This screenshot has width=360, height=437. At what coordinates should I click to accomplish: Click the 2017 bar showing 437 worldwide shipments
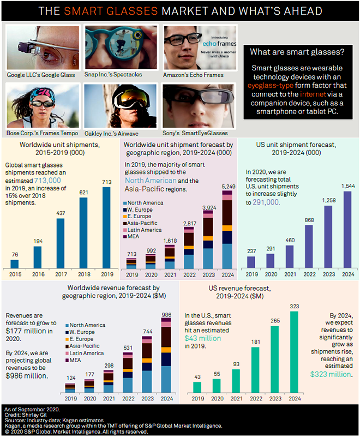coord(61,243)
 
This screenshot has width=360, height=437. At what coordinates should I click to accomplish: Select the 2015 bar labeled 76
coord(15,264)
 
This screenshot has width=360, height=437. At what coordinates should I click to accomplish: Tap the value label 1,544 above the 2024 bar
coord(348,186)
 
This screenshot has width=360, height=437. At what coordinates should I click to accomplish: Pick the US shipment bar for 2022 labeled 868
coord(309,247)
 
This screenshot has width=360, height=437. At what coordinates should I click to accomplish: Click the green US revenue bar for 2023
coord(275,359)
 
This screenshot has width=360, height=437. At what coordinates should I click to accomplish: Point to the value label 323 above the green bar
coord(294,306)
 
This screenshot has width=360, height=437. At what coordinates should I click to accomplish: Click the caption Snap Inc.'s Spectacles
coord(113,74)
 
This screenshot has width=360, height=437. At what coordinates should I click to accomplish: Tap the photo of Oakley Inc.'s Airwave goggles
coord(121,106)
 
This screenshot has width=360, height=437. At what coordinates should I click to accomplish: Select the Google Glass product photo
coord(43,47)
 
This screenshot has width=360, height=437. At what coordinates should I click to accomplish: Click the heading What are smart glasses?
coord(297,52)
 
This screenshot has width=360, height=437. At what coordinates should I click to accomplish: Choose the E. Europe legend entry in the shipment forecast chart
coord(137,216)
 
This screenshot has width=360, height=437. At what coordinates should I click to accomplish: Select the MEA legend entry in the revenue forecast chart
coord(73,360)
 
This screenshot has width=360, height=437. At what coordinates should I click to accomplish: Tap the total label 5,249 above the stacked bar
coord(229,187)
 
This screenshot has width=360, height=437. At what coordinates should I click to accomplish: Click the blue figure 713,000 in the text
coord(47,181)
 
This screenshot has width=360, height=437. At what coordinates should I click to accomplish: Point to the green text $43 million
coord(202,338)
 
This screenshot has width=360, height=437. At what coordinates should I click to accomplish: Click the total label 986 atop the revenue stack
coord(166,315)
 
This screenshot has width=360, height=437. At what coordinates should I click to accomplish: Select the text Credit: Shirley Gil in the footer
coord(25,415)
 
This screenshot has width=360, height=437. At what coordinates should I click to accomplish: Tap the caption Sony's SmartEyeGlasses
coord(195,133)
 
